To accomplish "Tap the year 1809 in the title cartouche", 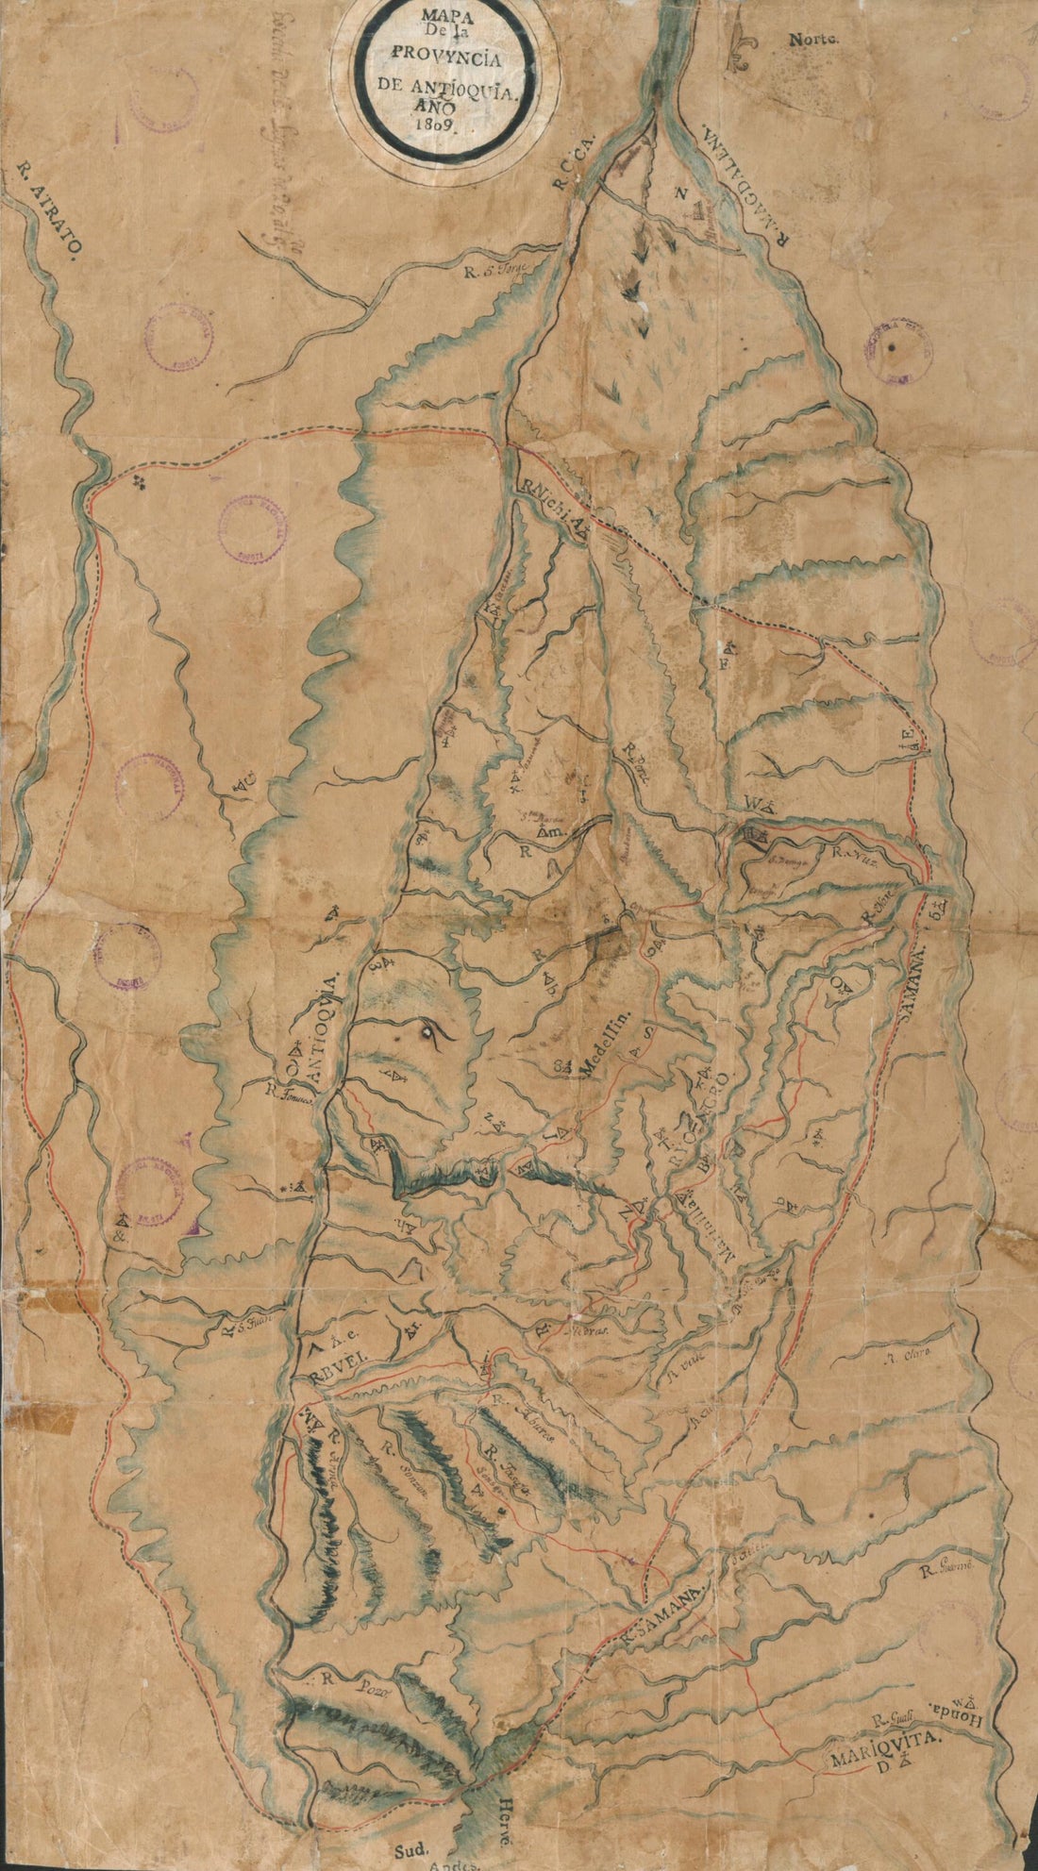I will pyautogui.click(x=440, y=124).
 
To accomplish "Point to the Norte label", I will pyautogui.click(x=814, y=39).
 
